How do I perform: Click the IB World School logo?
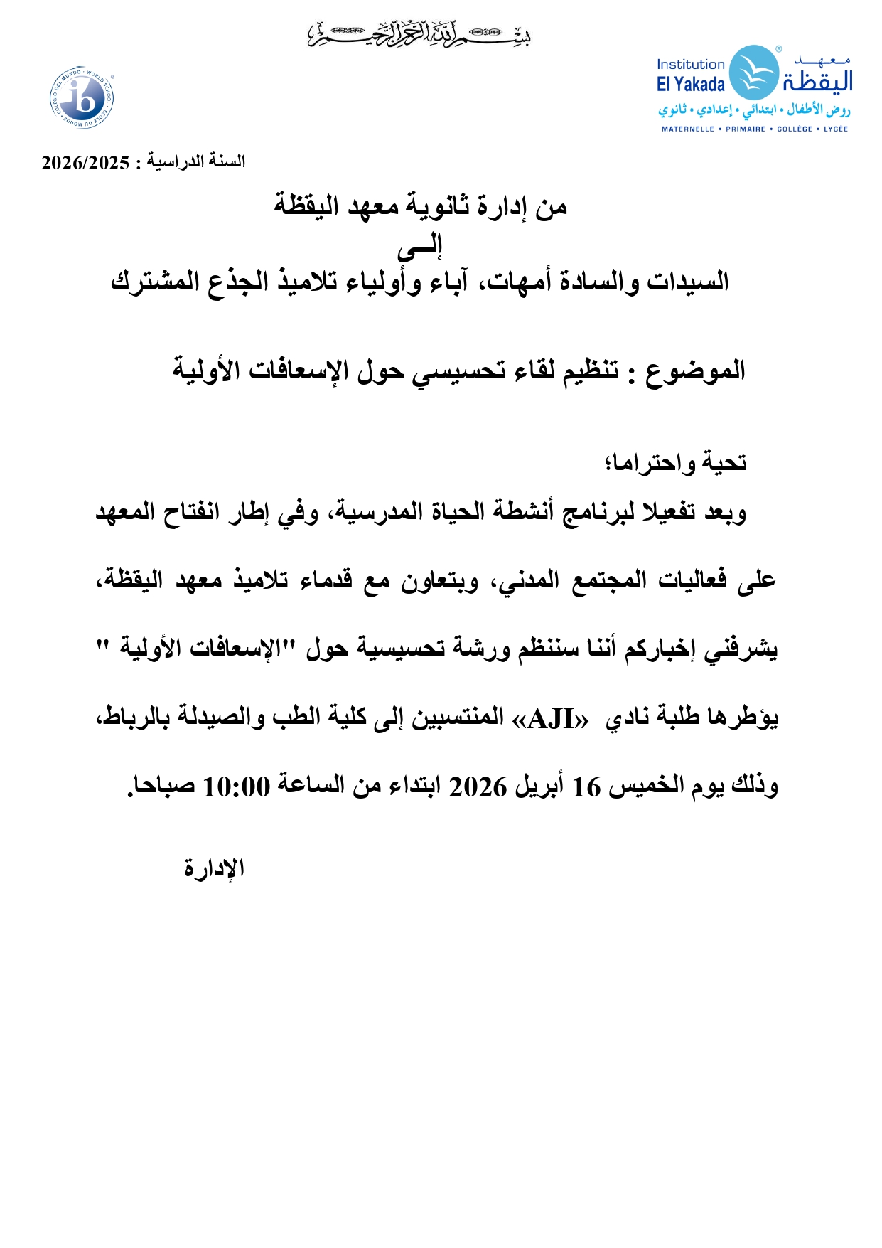[x=82, y=98]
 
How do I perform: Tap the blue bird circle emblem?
[x=754, y=73]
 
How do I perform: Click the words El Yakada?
[x=690, y=85]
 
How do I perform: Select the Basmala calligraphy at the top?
[x=419, y=34]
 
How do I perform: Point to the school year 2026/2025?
[x=85, y=163]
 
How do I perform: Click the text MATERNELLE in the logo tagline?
[x=687, y=129]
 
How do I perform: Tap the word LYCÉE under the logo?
[x=836, y=129]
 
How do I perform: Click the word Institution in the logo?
[x=690, y=65]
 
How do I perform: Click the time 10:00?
[x=237, y=787]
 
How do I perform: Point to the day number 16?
[x=586, y=787]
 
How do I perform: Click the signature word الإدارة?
[x=215, y=868]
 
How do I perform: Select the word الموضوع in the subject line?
[x=695, y=370]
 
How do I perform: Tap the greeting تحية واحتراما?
[x=675, y=463]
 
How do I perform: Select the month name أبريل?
[x=537, y=786]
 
